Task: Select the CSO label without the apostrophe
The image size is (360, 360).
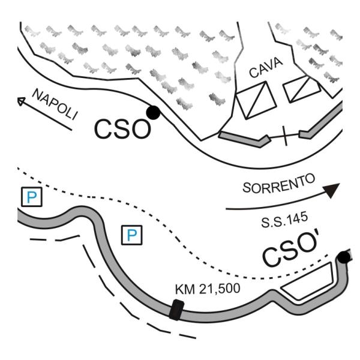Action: point(122,129)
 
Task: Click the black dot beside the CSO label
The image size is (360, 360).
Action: point(152,112)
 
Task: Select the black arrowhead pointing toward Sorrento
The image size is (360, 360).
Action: point(331,190)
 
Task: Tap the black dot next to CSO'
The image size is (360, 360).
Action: point(343,258)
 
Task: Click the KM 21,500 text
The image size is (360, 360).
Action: point(207,289)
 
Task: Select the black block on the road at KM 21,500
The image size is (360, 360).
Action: point(175,311)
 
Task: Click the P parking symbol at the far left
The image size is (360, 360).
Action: point(30,197)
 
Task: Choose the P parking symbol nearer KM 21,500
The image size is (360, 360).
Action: point(133,235)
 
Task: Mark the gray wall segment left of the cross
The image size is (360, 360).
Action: point(243,141)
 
